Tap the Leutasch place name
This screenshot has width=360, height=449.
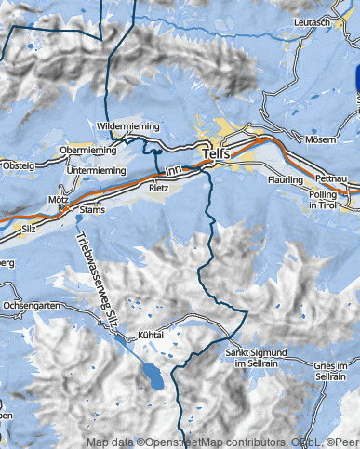click(x=312, y=21)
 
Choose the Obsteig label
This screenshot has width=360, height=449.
click(x=18, y=165)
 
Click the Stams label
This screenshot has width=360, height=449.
click(x=92, y=210)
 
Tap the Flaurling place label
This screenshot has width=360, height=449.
click(x=286, y=178)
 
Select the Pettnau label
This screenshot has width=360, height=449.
click(x=331, y=177)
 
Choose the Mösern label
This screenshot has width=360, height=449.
click(x=320, y=139)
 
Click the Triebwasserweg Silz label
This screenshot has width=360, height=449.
click(x=98, y=278)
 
